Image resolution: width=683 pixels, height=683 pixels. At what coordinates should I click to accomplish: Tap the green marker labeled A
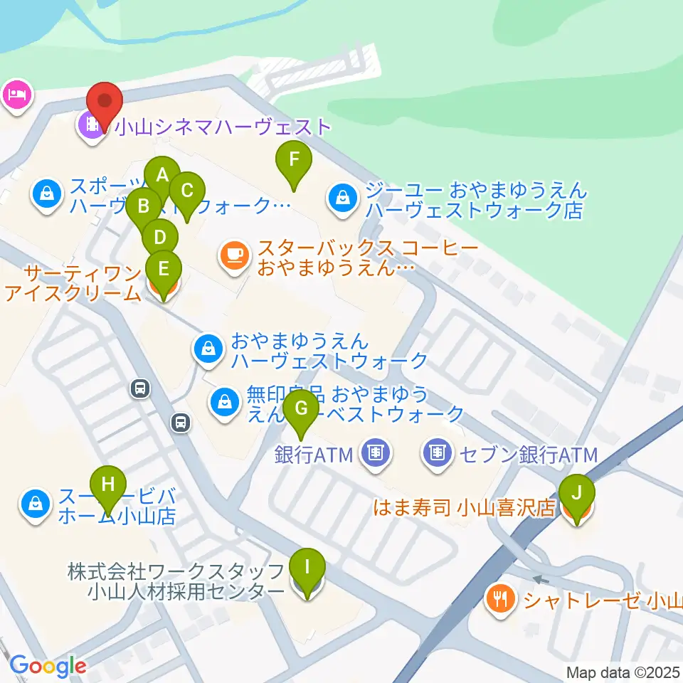[x=162, y=174]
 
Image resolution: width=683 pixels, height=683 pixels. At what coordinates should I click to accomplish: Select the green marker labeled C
[x=187, y=191]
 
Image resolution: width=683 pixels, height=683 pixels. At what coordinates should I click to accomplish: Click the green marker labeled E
[x=164, y=269]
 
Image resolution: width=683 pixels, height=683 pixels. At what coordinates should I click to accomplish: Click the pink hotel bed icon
[x=16, y=95]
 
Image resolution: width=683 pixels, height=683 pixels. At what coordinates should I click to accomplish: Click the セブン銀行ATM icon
[x=438, y=452]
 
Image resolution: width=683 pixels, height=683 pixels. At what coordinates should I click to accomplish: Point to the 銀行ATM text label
[x=314, y=453]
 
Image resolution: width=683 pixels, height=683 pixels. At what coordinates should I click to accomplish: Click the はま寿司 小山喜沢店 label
[x=465, y=508]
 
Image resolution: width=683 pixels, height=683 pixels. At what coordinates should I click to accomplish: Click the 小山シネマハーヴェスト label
[x=223, y=127]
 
